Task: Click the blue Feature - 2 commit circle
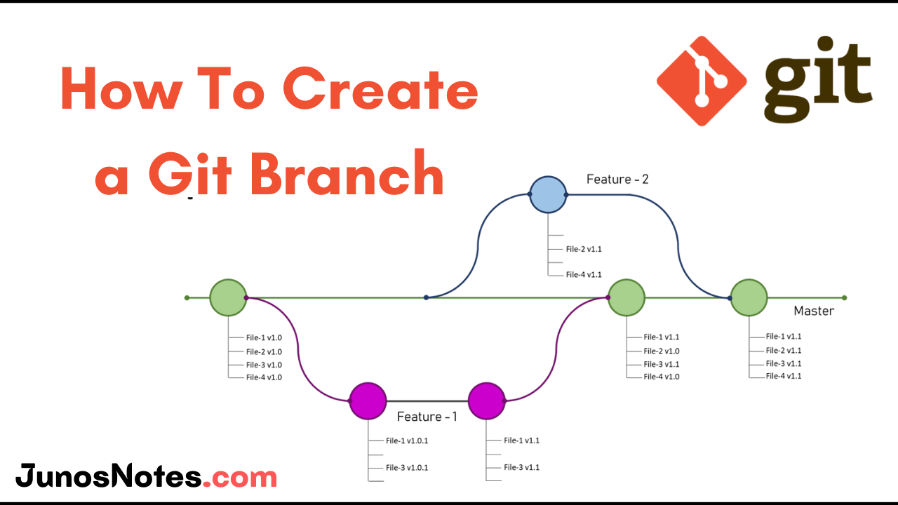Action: [x=547, y=194]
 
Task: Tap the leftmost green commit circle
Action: [x=228, y=297]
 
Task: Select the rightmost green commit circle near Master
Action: [x=749, y=297]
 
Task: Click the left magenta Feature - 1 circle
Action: [x=368, y=400]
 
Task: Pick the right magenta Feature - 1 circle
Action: [x=487, y=400]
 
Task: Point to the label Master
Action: [x=813, y=311]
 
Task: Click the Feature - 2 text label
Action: [x=617, y=180]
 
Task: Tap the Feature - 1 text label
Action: [x=427, y=417]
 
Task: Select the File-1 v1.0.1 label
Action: [x=407, y=440]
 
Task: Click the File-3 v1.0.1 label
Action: [x=407, y=467]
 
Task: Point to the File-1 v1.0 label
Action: [x=264, y=338]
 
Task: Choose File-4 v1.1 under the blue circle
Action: [x=584, y=274]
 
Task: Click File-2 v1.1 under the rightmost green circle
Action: [x=784, y=350]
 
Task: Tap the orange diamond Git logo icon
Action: [x=701, y=81]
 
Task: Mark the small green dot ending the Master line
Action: [x=844, y=297]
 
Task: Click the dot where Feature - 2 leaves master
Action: [x=426, y=297]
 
